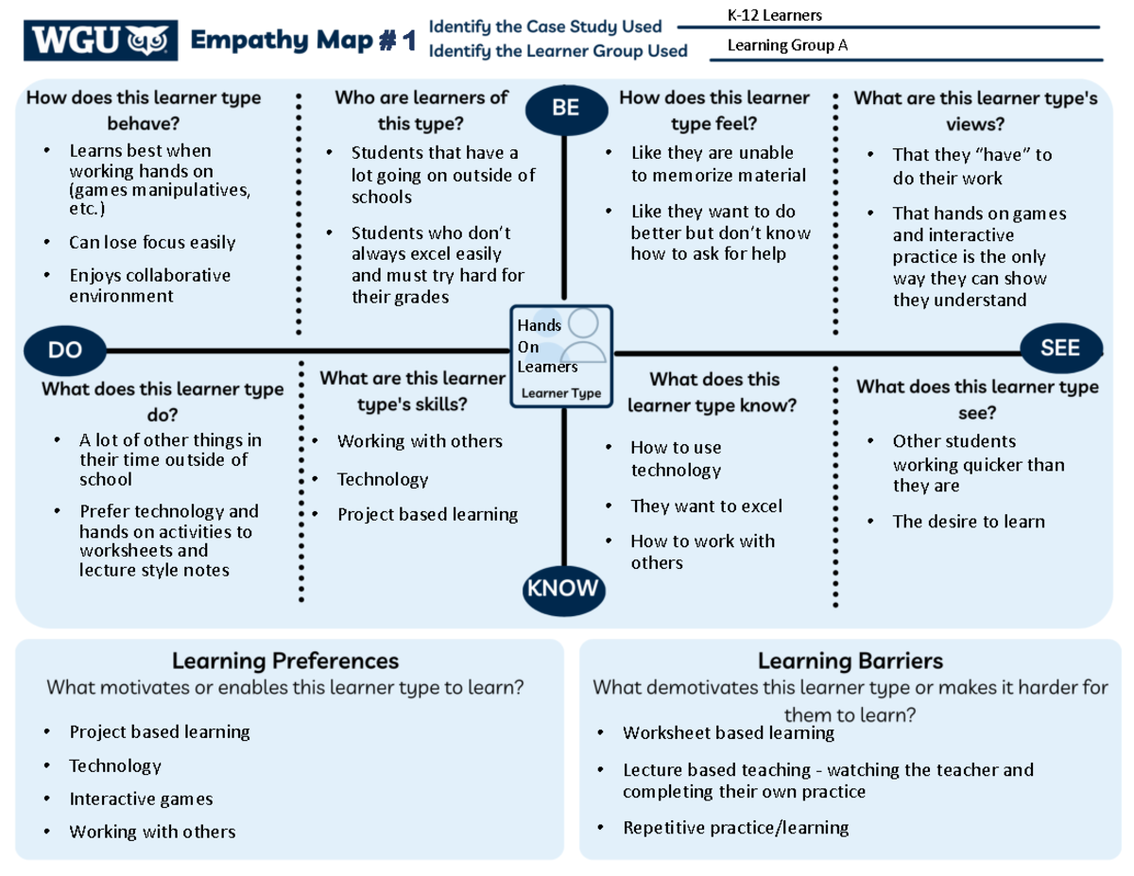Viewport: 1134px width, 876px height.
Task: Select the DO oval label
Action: click(65, 350)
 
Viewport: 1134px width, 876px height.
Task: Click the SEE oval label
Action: click(1060, 348)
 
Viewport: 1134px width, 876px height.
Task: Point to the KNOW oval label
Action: click(562, 589)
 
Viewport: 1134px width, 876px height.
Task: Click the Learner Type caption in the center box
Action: click(561, 393)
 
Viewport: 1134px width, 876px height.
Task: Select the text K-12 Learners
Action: click(774, 15)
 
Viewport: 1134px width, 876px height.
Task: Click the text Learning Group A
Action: click(786, 45)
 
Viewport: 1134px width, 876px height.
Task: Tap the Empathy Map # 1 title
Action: click(303, 41)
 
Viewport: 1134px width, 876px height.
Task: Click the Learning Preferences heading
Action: click(285, 660)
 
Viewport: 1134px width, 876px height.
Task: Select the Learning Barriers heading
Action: click(850, 660)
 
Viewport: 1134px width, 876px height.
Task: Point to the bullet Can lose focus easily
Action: click(151, 243)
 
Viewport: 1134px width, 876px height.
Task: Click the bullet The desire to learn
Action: click(969, 522)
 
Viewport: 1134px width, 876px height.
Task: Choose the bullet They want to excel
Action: click(706, 507)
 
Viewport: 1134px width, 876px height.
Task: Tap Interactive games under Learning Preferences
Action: click(141, 799)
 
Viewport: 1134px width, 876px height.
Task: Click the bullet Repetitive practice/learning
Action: click(735, 828)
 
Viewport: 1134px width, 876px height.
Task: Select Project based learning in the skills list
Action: click(427, 515)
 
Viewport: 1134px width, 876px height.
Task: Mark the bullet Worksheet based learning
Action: click(728, 733)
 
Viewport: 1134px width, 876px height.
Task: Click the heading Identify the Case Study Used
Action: click(545, 26)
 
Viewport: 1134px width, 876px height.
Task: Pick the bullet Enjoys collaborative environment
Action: click(149, 285)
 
